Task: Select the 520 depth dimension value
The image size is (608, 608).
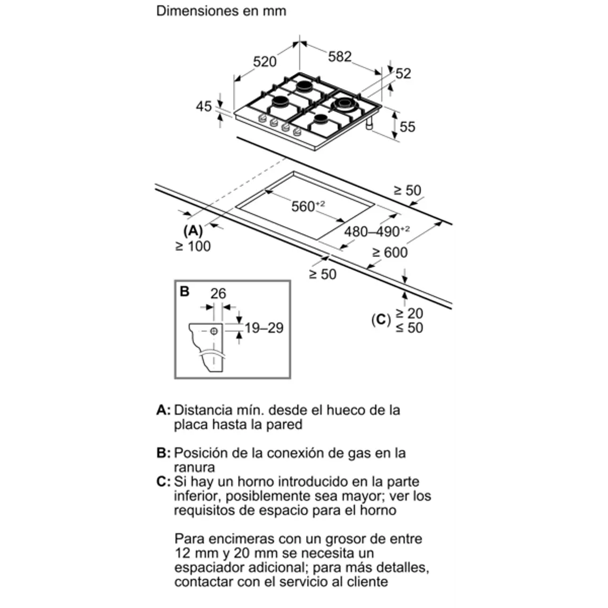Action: click(265, 61)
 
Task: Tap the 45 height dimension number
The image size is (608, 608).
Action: click(204, 107)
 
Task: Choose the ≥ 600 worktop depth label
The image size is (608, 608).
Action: click(389, 252)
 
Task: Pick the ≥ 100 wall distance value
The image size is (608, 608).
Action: click(193, 246)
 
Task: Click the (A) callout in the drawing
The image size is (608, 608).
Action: click(193, 231)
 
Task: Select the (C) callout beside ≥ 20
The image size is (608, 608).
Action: click(381, 320)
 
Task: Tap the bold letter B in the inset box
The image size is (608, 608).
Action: click(185, 292)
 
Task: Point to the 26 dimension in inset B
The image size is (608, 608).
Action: click(218, 293)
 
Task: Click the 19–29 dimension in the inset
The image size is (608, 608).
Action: click(264, 328)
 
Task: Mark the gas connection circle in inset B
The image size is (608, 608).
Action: click(214, 331)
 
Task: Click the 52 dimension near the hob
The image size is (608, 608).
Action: click(403, 73)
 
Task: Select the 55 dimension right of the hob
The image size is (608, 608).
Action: click(407, 126)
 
